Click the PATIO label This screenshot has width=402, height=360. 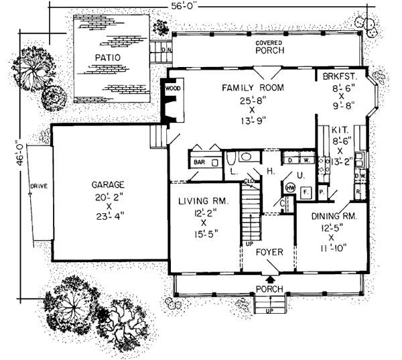(107, 58)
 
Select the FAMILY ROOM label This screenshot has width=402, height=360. (253, 88)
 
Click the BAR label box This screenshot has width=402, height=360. (199, 162)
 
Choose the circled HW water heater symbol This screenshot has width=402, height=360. (291, 188)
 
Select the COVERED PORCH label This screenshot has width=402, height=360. (269, 46)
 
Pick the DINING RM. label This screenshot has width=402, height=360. (332, 217)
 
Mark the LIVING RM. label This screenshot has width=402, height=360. (204, 202)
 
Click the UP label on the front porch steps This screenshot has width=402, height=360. (270, 310)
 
